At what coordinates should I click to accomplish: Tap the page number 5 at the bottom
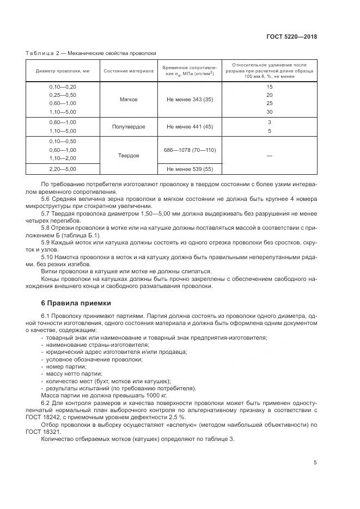315,463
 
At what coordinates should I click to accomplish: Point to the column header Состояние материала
129,71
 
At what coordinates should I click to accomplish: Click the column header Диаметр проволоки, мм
63,71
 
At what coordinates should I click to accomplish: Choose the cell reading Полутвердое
129,126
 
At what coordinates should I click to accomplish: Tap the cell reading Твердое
129,156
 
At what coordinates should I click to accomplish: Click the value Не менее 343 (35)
190,100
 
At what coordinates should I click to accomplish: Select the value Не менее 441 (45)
190,126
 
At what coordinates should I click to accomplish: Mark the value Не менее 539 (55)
190,169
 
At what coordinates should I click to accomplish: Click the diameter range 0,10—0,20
63,87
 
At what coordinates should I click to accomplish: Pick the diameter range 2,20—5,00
63,169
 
